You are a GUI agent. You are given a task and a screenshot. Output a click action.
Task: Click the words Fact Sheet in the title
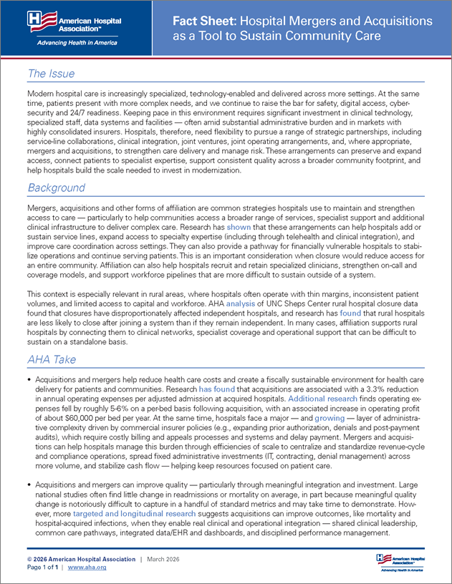201,21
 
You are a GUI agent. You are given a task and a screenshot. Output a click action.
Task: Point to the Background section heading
57,188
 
